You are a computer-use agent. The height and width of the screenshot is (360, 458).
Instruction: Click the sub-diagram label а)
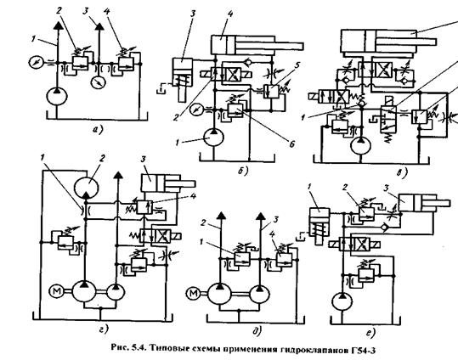tap(98, 130)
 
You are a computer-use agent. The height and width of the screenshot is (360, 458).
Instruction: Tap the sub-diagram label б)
tap(243, 171)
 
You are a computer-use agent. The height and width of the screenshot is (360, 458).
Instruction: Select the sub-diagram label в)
tap(402, 173)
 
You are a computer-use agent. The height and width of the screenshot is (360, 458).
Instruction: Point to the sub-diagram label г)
tap(104, 329)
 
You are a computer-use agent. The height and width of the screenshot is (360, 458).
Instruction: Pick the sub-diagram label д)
tap(257, 331)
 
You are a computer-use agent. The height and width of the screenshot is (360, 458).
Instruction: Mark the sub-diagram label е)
tap(370, 333)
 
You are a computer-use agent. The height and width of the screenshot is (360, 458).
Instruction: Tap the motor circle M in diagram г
tap(55, 291)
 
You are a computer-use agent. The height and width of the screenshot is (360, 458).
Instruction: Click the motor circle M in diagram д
tap(193, 293)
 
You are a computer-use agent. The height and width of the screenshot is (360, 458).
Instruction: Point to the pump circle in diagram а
tap(57, 97)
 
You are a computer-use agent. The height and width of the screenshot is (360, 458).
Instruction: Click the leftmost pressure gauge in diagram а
tap(37, 63)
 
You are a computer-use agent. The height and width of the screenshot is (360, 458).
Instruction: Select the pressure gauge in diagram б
tap(196, 110)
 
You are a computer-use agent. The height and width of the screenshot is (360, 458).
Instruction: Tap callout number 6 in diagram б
tap(291, 143)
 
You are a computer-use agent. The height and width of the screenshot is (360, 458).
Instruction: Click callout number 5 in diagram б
tap(297, 65)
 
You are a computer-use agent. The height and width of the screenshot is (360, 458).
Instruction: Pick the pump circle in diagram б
tap(214, 137)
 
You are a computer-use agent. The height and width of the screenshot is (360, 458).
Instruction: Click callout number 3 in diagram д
tap(275, 219)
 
